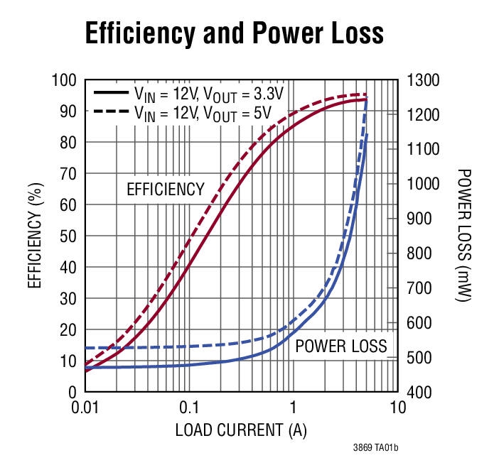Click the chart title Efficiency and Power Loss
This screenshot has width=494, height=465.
235,33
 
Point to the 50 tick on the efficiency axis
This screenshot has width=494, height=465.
69,236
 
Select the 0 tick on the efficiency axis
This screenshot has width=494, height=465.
73,392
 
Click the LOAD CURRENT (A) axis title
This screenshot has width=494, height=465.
242,430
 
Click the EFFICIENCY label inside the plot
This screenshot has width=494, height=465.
165,190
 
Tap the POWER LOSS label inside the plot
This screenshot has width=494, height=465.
340,346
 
